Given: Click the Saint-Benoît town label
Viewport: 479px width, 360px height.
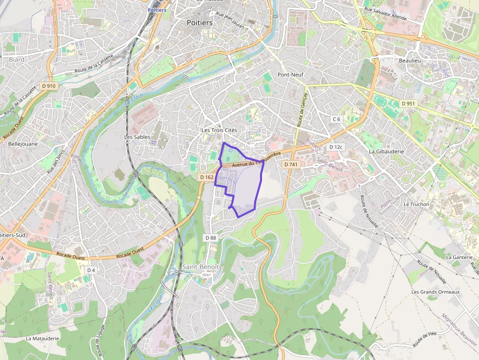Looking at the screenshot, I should point(201,267).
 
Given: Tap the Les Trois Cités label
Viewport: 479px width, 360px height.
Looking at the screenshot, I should point(219,130).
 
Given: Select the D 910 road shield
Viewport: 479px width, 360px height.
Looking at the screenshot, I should point(49,86).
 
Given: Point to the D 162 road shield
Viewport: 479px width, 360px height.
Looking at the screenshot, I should point(206,177).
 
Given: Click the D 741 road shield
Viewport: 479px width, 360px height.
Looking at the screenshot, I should point(291,165).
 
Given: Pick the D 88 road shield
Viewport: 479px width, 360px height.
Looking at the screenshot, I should point(211,238).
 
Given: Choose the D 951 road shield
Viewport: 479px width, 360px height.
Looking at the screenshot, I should point(408,104).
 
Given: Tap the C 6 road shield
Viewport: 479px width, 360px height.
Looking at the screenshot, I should point(336,119).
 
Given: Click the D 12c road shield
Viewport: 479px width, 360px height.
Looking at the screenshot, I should point(336,147).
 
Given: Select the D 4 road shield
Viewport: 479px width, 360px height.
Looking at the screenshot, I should point(91,270).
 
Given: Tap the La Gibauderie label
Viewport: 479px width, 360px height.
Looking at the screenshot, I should point(386,151).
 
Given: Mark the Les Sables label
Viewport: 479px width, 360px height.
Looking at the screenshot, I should point(137,137).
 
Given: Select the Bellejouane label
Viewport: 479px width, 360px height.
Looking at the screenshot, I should point(23,144).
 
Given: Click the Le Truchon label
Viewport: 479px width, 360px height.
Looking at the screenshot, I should point(416,204).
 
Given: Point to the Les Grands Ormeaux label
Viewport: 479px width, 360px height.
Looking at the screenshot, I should point(435,292).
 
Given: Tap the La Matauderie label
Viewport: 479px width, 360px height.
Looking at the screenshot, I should point(43,338).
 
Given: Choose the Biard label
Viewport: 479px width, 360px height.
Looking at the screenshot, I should point(17,60).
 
